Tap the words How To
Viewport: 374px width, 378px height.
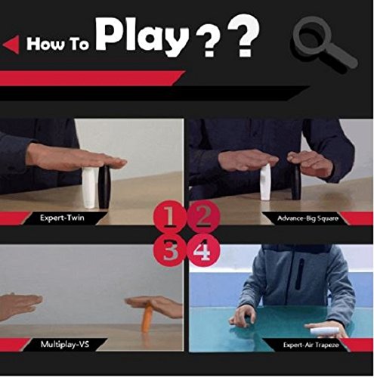(x=57, y=43)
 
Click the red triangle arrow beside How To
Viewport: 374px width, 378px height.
(x=11, y=45)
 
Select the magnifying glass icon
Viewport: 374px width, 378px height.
(x=324, y=45)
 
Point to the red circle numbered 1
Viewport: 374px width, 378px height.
(x=169, y=216)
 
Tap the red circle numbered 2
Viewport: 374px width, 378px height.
(x=203, y=216)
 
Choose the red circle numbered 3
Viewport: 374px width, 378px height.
(x=169, y=250)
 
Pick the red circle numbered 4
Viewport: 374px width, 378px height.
(x=203, y=250)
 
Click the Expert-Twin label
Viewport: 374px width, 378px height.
(x=62, y=218)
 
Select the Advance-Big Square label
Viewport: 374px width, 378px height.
(x=308, y=218)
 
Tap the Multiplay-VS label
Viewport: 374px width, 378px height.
(x=65, y=344)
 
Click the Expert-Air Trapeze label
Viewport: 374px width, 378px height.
(x=311, y=345)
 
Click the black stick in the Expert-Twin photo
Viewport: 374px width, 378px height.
(x=104, y=187)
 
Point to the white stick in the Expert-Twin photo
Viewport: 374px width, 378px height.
(x=89, y=187)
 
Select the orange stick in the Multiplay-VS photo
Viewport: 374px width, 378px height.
(x=147, y=318)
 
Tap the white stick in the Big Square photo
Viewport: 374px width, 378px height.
(x=265, y=182)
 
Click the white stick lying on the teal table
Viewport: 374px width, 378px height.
(x=320, y=330)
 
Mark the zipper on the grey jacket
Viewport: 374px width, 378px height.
(x=300, y=274)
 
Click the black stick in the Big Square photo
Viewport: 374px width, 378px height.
(x=296, y=182)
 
